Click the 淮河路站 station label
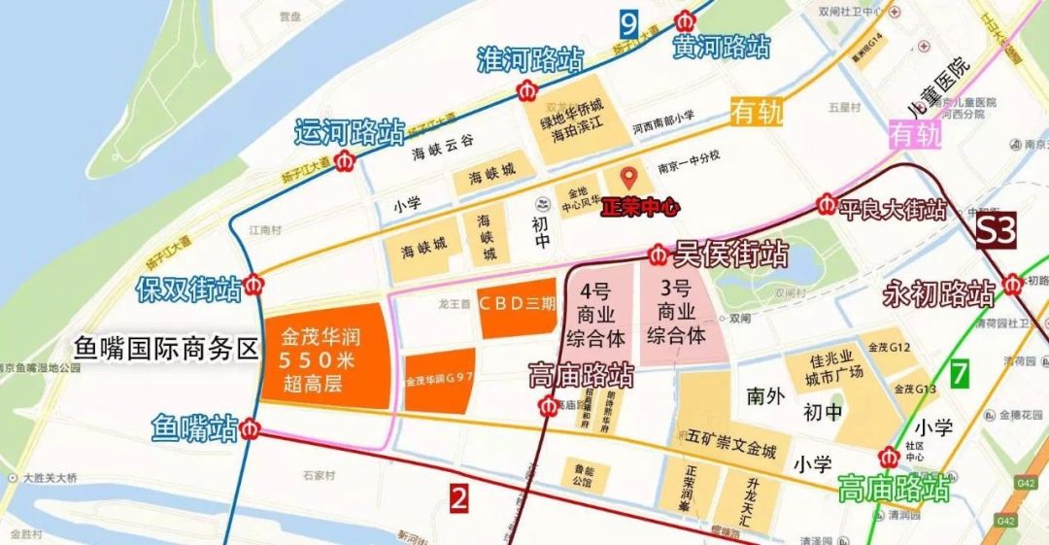tap(529, 59)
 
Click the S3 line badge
tap(996, 232)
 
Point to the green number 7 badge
tap(961, 373)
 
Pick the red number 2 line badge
tap(459, 499)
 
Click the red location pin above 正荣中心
tap(628, 179)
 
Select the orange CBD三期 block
tap(517, 301)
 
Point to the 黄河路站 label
tap(723, 46)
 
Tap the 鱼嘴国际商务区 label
tap(165, 348)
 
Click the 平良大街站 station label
tap(894, 209)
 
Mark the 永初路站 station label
tap(938, 292)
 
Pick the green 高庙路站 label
tap(894, 487)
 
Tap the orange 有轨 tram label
tap(757, 113)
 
